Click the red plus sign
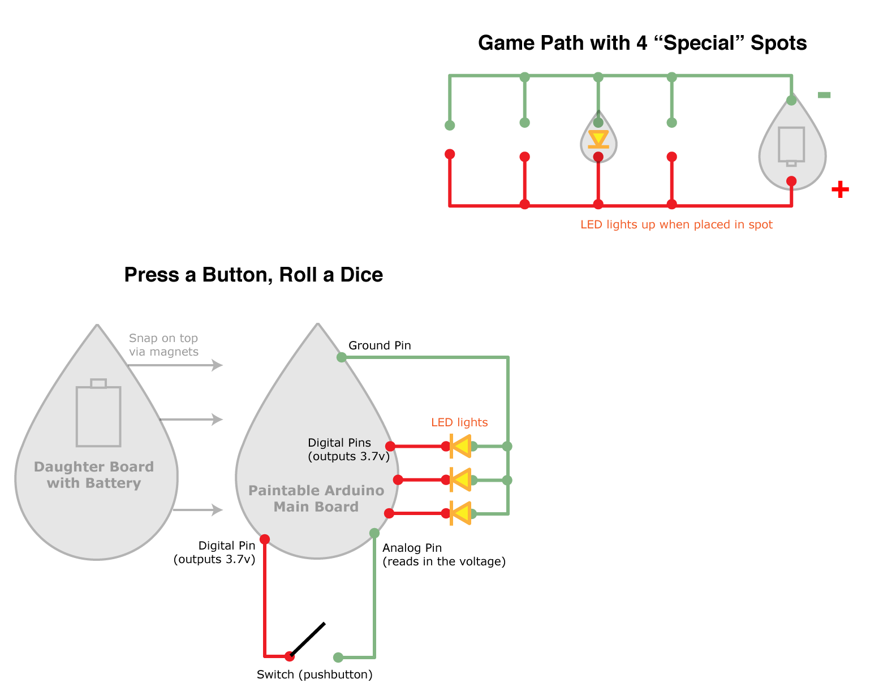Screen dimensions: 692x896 [840, 189]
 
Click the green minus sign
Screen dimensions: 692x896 [824, 95]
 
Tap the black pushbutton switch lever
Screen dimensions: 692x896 [308, 639]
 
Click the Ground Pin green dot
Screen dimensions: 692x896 [342, 357]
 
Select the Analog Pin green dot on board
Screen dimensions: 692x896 [374, 533]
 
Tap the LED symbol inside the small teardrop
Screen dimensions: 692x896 [598, 139]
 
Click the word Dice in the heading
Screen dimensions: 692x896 [361, 275]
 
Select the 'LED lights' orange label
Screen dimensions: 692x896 [459, 422]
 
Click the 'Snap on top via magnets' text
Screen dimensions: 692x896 [163, 345]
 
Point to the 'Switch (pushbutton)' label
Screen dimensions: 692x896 [315, 674]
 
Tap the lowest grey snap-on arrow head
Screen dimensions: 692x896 [217, 510]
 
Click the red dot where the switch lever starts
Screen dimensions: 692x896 [290, 656]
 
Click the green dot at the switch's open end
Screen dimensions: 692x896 [338, 657]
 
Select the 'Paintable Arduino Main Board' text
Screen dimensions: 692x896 [316, 499]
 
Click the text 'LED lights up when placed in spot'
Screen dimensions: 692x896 [676, 224]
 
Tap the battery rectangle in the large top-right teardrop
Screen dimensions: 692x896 [791, 145]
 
